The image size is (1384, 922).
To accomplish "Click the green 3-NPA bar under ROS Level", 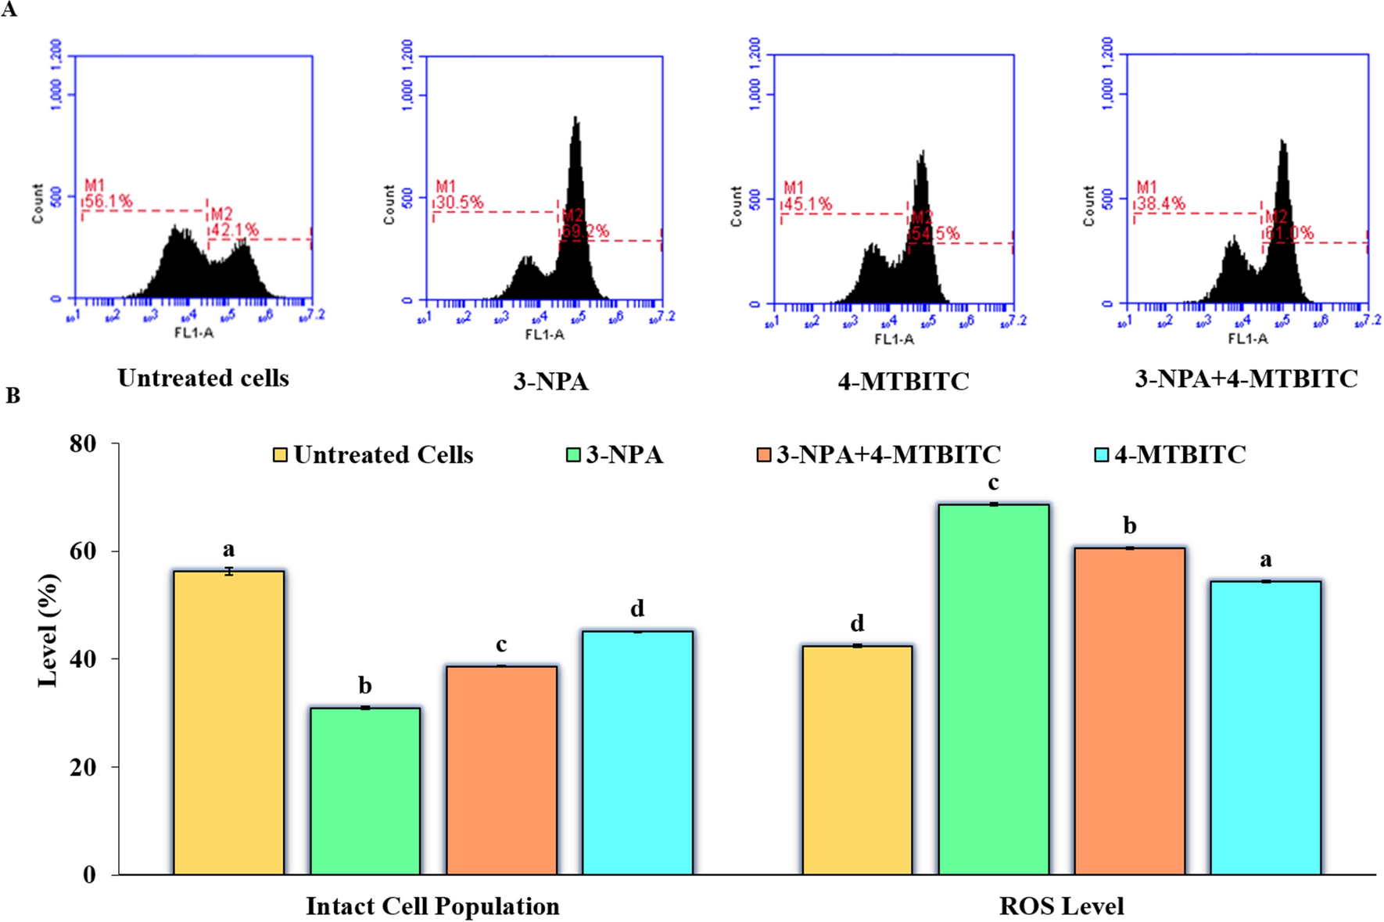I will (x=993, y=688).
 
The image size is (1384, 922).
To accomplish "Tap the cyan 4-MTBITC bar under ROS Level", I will (x=1265, y=727).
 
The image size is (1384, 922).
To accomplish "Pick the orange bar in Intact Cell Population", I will (x=501, y=770).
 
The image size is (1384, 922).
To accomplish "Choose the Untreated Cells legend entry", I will (x=373, y=454).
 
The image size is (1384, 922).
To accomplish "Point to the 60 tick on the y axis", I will (x=83, y=551).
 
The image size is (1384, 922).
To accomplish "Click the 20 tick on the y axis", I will (x=83, y=767).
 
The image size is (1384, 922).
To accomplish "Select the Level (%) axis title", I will (x=48, y=630).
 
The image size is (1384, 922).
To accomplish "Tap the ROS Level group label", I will (x=1061, y=906).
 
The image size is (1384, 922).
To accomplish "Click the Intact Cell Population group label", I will (x=432, y=906).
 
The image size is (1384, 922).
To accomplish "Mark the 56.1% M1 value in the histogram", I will (x=109, y=202).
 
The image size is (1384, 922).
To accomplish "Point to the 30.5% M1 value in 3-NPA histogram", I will (x=460, y=203).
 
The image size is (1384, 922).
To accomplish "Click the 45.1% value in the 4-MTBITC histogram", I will (x=808, y=205).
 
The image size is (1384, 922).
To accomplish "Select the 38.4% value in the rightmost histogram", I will (x=1160, y=205).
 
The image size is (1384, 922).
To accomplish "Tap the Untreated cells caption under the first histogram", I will (x=203, y=378).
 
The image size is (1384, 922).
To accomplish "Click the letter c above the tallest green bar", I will (x=993, y=483).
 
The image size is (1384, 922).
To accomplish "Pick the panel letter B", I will (x=13, y=396).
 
